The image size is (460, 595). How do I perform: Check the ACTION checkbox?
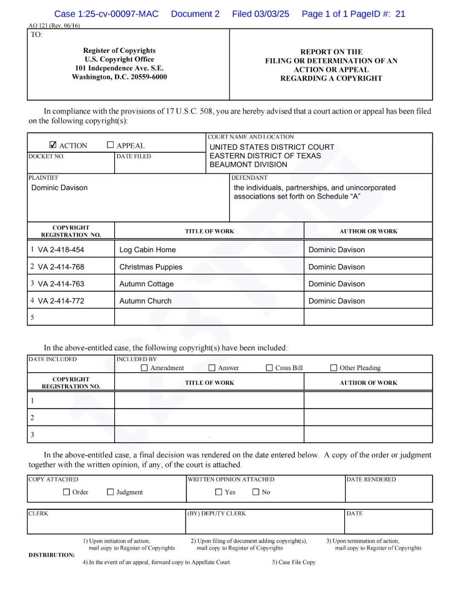tap(53, 145)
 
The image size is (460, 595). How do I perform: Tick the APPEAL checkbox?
tap(110, 145)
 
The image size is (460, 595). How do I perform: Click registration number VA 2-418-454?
tap(61, 250)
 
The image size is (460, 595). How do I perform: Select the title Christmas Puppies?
tap(151, 267)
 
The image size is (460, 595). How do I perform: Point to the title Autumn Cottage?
tap(147, 284)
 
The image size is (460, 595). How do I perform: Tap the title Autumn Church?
tap(145, 301)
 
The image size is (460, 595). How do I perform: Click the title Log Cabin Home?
tap(147, 250)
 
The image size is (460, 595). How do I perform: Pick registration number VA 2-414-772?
tap(61, 301)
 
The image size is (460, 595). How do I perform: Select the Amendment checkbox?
tap(144, 368)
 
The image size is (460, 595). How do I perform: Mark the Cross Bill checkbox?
tap(269, 368)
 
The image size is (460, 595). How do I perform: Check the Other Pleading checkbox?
tap(334, 368)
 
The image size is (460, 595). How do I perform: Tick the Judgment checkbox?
tap(110, 492)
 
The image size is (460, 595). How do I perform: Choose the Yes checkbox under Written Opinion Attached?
tap(219, 492)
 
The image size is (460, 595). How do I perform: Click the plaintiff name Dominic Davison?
tap(59, 187)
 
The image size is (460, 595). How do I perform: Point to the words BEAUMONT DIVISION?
tap(248, 164)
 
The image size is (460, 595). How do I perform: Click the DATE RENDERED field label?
tap(371, 479)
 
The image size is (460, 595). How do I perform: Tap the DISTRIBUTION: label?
tap(52, 555)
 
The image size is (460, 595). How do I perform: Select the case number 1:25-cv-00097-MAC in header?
tap(118, 14)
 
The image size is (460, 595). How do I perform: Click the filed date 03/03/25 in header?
tap(271, 14)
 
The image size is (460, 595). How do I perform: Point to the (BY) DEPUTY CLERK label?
tap(217, 513)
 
